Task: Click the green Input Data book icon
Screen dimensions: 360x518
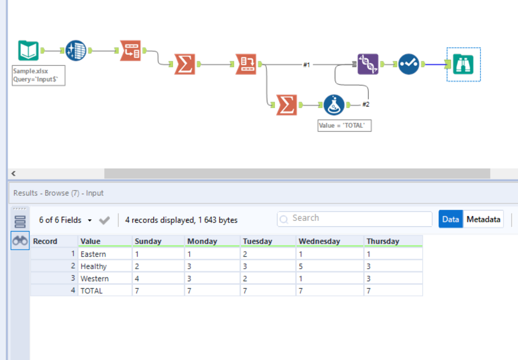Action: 28,51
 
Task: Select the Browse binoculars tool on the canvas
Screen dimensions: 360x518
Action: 463,64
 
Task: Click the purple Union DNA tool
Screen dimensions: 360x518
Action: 368,64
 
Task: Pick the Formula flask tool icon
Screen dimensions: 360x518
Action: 334,104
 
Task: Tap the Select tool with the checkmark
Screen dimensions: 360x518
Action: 408,64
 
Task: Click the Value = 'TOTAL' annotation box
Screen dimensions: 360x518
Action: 345,126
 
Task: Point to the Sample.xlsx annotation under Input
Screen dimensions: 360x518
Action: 39,75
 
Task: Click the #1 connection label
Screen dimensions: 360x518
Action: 307,65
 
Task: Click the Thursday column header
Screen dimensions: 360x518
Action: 383,241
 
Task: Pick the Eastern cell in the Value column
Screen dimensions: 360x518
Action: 93,254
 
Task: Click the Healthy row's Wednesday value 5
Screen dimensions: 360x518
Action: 301,266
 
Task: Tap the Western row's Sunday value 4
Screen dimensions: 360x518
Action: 137,278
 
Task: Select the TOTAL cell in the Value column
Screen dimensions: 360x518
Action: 91,290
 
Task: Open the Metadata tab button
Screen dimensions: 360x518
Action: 483,219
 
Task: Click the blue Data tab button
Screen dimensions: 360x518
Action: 451,219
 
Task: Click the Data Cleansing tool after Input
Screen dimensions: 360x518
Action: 76,51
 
